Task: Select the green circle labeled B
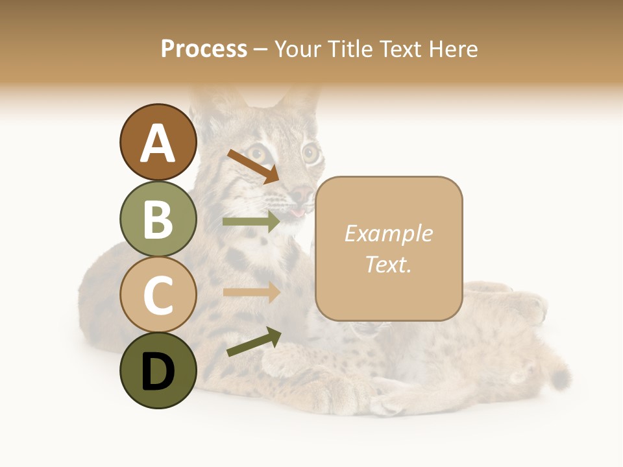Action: click(x=158, y=219)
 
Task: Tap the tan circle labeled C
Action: click(x=158, y=294)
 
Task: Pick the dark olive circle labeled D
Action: click(x=158, y=370)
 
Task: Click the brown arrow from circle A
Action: click(x=253, y=166)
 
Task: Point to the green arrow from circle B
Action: click(x=251, y=222)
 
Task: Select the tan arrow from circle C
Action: click(x=251, y=293)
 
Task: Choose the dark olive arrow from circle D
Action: click(x=254, y=342)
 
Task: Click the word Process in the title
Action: click(x=204, y=49)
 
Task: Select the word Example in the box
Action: click(x=388, y=233)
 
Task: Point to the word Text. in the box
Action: click(x=388, y=264)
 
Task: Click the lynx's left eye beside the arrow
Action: click(x=258, y=154)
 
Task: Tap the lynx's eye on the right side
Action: click(x=311, y=154)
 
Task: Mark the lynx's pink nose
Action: click(x=300, y=193)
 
